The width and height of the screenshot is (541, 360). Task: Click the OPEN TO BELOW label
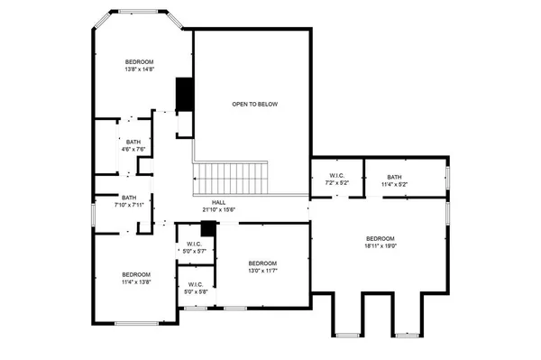click(254, 105)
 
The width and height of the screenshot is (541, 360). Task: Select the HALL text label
click(218, 202)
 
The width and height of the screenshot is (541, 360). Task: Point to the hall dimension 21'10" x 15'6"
click(218, 210)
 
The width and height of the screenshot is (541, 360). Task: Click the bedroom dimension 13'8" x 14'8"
click(140, 69)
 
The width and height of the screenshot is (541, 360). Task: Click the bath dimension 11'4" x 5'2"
click(394, 184)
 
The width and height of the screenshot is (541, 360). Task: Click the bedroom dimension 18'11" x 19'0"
click(381, 245)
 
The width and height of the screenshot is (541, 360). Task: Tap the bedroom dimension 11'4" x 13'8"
click(136, 282)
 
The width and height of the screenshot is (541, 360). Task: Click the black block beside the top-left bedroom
click(185, 92)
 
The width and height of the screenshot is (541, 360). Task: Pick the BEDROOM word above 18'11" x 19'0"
click(381, 236)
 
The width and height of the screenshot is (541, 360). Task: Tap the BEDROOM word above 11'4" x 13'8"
click(136, 273)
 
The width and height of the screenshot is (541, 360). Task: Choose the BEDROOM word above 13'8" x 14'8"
click(140, 60)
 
